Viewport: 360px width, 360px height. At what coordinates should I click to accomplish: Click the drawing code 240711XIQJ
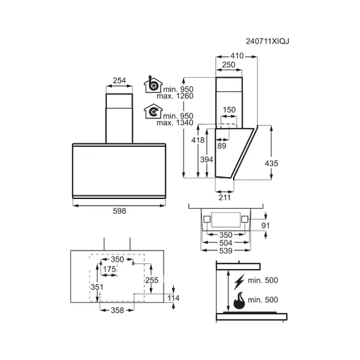click(267, 41)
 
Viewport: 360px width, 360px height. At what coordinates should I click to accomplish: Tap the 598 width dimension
click(119, 211)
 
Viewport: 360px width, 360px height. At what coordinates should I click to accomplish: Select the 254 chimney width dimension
click(119, 81)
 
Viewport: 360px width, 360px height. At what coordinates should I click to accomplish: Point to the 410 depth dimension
click(237, 56)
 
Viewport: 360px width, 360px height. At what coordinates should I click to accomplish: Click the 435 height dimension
click(271, 164)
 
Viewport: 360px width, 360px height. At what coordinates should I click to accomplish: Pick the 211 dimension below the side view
click(225, 198)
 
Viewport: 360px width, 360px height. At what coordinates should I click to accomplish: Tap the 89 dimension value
click(222, 146)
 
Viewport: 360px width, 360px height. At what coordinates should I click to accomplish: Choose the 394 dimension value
click(207, 160)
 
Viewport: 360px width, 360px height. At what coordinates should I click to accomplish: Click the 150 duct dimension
click(229, 109)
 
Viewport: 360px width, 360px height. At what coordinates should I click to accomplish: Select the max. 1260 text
click(175, 96)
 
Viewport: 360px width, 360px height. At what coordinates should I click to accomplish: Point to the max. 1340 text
click(175, 122)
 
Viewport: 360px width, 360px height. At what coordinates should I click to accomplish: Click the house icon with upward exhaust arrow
click(153, 84)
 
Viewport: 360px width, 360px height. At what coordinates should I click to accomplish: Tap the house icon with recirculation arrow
click(153, 111)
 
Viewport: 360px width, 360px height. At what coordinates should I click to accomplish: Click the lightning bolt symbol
click(239, 281)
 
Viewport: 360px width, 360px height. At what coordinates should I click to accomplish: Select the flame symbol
click(239, 301)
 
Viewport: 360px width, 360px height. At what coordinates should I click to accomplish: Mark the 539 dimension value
click(226, 251)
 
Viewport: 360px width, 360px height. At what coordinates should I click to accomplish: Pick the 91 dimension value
click(265, 225)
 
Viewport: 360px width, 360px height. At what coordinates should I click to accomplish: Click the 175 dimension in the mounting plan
click(109, 269)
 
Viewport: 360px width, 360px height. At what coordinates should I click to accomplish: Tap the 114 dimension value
click(173, 298)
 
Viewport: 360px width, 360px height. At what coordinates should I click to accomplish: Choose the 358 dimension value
click(117, 310)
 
